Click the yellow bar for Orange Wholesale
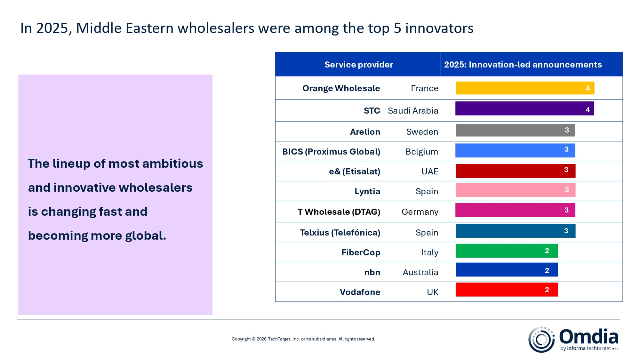(525, 88)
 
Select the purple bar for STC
(524, 108)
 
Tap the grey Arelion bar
(515, 130)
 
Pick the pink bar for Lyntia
(515, 190)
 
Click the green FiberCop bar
(507, 251)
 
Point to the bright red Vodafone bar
(507, 290)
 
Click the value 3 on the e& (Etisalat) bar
(566, 170)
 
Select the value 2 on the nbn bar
(547, 271)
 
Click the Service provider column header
(358, 65)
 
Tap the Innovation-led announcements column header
(523, 65)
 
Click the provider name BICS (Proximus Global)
(331, 152)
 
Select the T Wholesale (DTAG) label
(339, 212)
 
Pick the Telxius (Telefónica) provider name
(340, 233)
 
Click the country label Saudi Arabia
(413, 111)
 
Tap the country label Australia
(420, 272)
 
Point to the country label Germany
(420, 212)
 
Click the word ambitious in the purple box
(172, 164)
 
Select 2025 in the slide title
(52, 28)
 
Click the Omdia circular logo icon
(541, 340)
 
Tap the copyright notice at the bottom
(303, 339)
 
